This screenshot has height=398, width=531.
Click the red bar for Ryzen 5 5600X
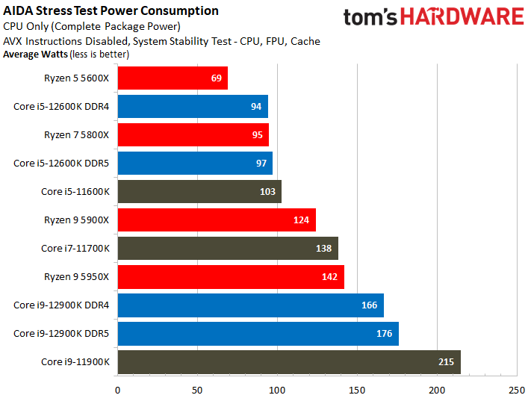tap(173, 78)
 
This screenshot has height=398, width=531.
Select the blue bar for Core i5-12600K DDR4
tap(193, 106)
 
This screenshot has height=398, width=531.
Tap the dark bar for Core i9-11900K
tap(289, 362)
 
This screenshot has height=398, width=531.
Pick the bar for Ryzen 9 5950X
tap(231, 277)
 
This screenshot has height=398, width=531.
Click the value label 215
tap(446, 362)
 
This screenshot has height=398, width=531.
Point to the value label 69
tap(217, 78)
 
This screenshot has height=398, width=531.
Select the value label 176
tap(385, 334)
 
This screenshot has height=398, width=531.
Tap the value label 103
tap(267, 192)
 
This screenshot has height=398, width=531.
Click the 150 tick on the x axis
tap(357, 391)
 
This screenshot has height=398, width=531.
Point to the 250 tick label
tap(517, 391)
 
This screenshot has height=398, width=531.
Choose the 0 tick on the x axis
tap(117, 391)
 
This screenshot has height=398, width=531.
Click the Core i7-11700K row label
tap(75, 249)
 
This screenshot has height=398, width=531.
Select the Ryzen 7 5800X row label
tap(76, 135)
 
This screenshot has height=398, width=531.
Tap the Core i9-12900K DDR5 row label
tap(61, 334)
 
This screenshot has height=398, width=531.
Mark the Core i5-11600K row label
tap(75, 192)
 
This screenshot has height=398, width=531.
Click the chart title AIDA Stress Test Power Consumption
tap(111, 11)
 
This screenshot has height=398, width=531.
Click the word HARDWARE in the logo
tap(462, 17)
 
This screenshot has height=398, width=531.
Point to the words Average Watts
tap(36, 55)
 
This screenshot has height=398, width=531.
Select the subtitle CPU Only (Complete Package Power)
tap(91, 26)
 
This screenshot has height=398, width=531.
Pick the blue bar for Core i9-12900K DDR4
tap(251, 305)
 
